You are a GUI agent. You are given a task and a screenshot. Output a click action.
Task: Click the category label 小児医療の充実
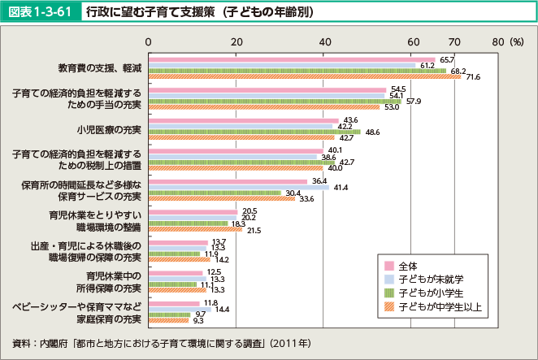[x=109, y=129]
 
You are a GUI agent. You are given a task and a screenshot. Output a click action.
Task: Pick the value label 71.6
[x=474, y=77]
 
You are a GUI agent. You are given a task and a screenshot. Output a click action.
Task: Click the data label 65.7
[x=447, y=59]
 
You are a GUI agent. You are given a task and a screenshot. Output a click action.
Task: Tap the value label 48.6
[x=373, y=131]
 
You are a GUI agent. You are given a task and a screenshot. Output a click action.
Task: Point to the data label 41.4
[x=341, y=187]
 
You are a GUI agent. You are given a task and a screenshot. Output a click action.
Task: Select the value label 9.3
[x=198, y=321]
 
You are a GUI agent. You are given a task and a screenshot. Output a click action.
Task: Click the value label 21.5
[x=253, y=231]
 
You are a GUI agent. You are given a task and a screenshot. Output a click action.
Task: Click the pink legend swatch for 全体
[x=388, y=266]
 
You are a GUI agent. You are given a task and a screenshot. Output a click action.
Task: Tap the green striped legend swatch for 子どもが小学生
[x=388, y=293]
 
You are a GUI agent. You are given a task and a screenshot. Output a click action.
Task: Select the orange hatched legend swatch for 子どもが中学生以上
[x=388, y=306]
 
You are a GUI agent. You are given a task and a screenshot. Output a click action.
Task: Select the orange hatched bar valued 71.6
[x=306, y=76]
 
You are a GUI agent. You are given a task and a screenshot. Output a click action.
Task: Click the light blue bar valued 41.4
[x=239, y=187]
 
